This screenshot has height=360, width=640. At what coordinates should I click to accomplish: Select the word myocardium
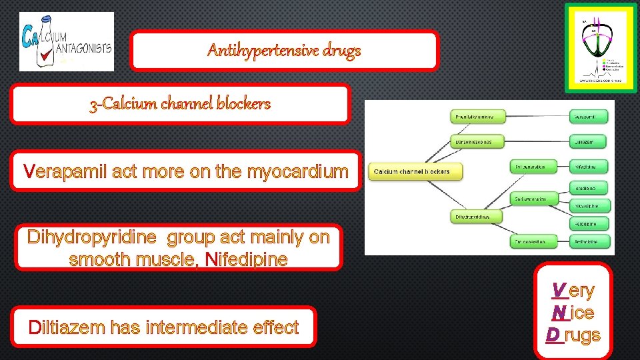click(x=297, y=172)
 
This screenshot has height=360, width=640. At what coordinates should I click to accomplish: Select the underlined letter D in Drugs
click(x=554, y=335)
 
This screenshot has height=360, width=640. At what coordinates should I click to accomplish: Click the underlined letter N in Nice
click(x=559, y=313)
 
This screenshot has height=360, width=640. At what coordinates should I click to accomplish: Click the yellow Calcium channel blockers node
click(x=411, y=172)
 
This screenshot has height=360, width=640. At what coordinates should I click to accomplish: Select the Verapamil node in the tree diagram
click(x=591, y=117)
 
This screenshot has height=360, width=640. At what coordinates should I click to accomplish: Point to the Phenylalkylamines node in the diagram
click(x=475, y=117)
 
